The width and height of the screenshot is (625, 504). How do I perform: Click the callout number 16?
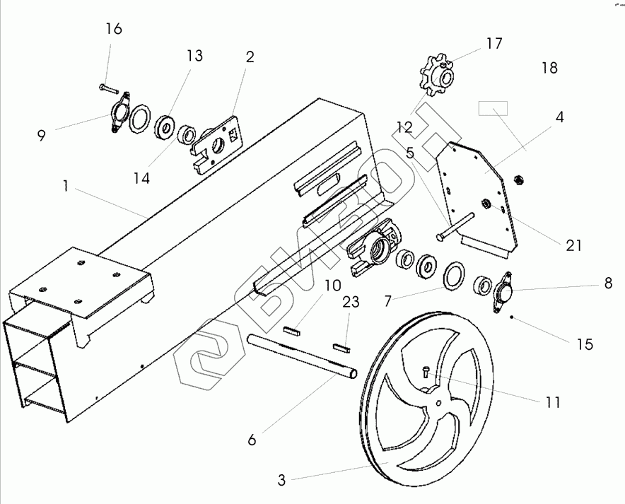pyautogui.click(x=113, y=29)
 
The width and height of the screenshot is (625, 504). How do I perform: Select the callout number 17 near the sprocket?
pyautogui.click(x=494, y=43)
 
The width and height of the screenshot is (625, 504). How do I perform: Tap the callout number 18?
pyautogui.click(x=549, y=68)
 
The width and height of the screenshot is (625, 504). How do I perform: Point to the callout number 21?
pyautogui.click(x=573, y=245)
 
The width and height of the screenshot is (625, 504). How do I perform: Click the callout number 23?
pyautogui.click(x=351, y=303)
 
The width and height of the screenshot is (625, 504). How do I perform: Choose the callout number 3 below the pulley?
pyautogui.click(x=281, y=481)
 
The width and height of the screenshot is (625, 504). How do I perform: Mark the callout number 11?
pyautogui.click(x=553, y=402)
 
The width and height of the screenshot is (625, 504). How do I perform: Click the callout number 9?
pyautogui.click(x=42, y=135)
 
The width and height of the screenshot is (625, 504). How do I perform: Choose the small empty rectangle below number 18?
pyautogui.click(x=493, y=107)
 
